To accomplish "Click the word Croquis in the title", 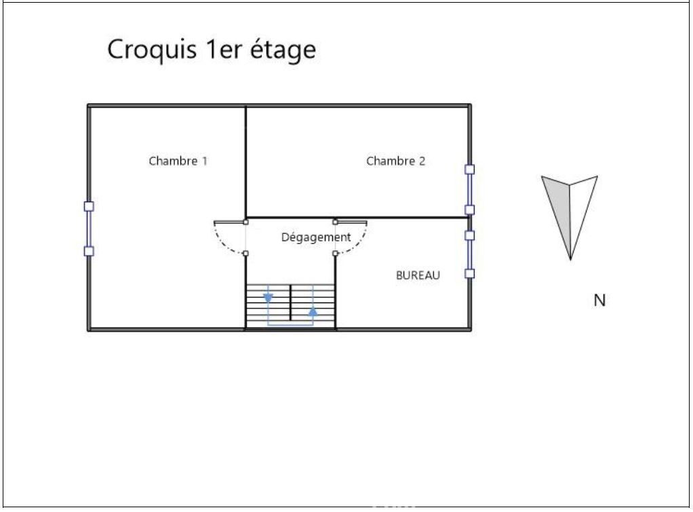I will [x=153, y=50].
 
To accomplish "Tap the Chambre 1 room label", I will [x=178, y=161].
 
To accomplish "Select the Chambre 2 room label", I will [x=395, y=161].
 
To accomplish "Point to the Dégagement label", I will [x=316, y=237].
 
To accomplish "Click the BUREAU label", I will [x=418, y=275].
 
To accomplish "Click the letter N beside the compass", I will [x=599, y=300].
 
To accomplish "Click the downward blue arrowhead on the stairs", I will [x=269, y=297].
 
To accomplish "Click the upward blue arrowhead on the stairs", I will [x=313, y=311].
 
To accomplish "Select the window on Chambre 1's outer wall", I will [x=88, y=229].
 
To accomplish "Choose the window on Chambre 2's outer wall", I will [x=469, y=189].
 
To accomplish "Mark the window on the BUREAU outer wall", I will [x=469, y=254].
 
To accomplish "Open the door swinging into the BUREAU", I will [x=352, y=239].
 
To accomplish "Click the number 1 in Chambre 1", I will [x=204, y=161].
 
